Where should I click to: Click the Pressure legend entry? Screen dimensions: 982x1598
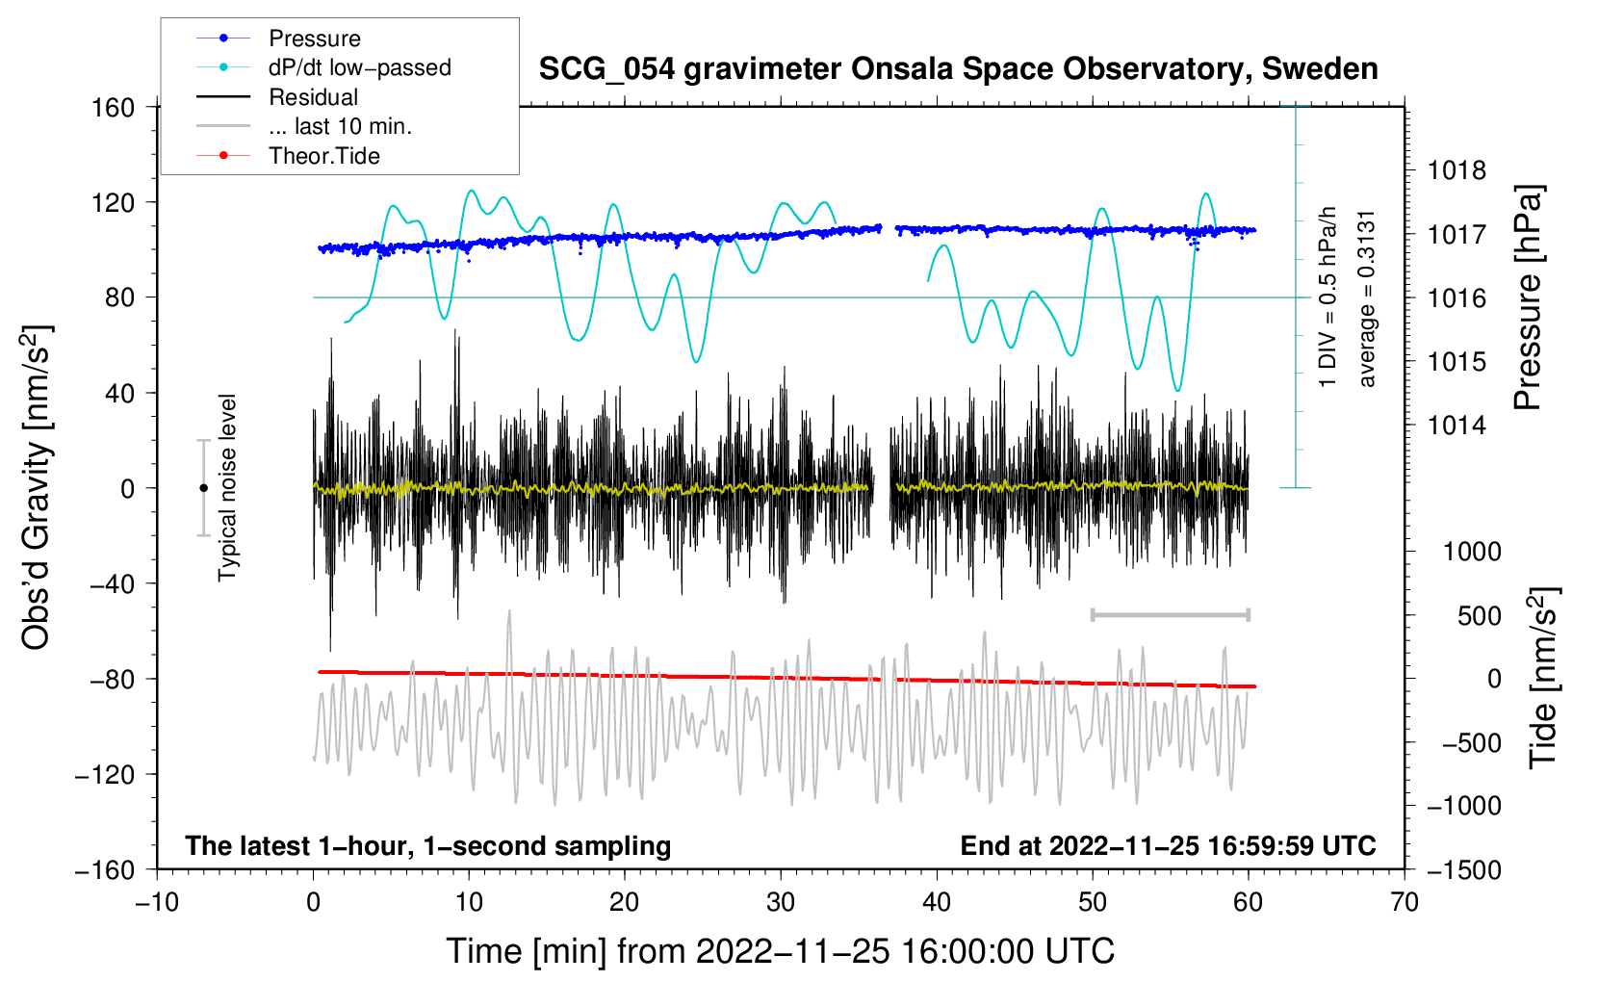(314, 39)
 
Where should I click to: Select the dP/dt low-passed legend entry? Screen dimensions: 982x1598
(359, 67)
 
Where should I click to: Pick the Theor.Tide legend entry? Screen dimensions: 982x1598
(323, 156)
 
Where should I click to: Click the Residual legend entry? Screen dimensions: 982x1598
(313, 97)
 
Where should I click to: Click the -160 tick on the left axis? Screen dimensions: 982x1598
(106, 869)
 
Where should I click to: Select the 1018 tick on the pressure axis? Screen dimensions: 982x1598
(1456, 171)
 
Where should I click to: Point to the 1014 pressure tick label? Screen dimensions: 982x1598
(1456, 426)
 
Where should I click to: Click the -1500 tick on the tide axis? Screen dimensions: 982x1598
(1463, 869)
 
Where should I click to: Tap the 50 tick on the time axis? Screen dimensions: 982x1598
(1093, 902)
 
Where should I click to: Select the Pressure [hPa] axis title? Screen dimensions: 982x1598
(1528, 298)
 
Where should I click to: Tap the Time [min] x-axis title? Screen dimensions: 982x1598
(780, 951)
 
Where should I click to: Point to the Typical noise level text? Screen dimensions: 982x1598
(227, 488)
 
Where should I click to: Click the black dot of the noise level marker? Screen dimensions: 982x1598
(203, 488)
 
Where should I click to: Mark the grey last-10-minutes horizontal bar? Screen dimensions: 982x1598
(1170, 614)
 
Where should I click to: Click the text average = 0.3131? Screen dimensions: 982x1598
(1367, 298)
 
